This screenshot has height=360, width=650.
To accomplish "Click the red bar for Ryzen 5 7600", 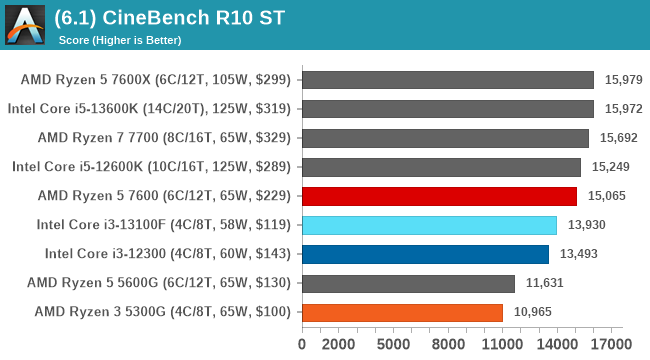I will click(439, 196).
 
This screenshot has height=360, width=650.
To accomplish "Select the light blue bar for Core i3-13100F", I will click(429, 225).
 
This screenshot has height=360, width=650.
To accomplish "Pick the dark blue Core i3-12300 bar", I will click(425, 254).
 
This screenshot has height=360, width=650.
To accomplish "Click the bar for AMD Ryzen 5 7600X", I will click(447, 80).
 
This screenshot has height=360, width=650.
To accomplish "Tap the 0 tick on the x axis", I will click(302, 344).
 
